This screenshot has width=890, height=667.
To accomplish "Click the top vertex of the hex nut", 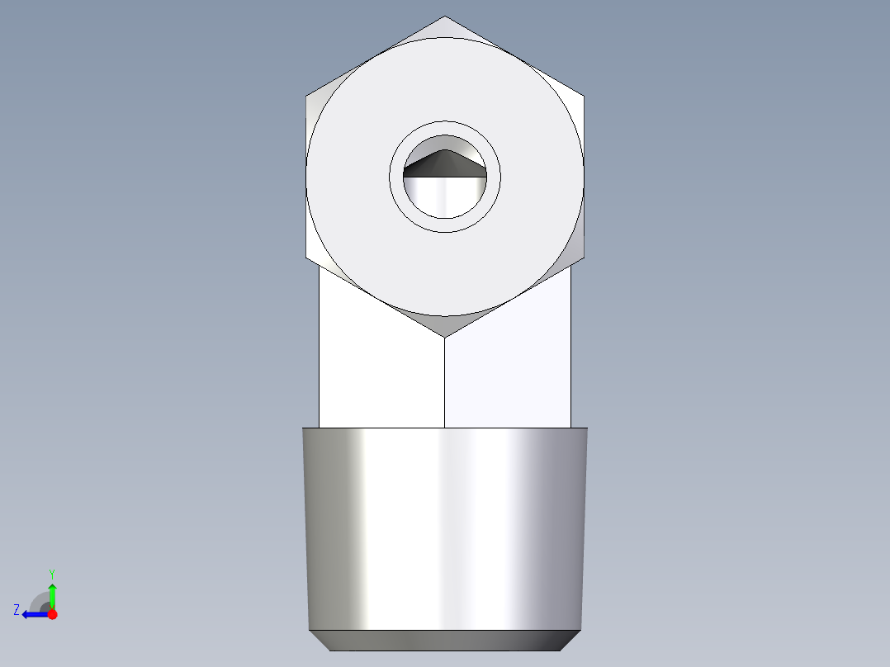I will point(445,17).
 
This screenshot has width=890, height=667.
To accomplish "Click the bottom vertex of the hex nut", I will point(445,336).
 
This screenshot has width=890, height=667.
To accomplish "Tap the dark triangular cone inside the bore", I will point(444,164).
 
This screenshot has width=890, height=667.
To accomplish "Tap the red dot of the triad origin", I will point(52,614).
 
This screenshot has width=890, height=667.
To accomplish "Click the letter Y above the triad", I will point(52,573).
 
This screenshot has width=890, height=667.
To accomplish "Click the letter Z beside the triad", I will point(17,610).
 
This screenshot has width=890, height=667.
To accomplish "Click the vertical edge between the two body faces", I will point(445,384).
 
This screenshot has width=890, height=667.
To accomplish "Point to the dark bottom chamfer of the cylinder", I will point(445,640).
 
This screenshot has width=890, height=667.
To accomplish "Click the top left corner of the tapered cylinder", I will point(303,429).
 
